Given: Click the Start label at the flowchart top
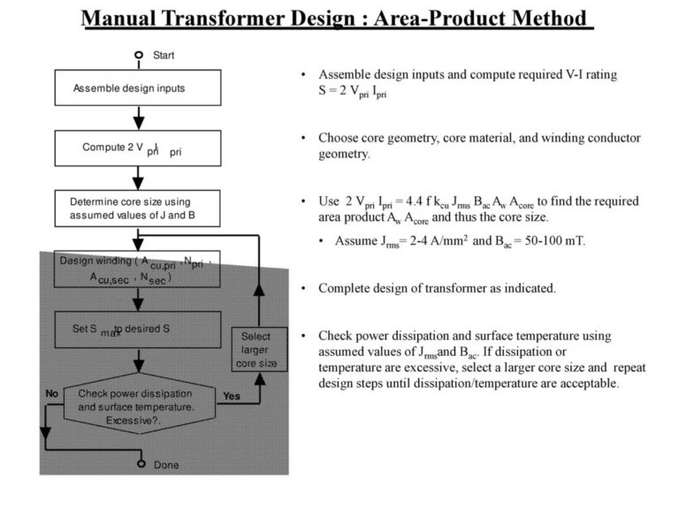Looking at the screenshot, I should [x=164, y=55].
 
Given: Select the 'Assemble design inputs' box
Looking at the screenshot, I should [x=138, y=88].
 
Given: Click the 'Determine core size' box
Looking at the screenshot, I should [x=138, y=209].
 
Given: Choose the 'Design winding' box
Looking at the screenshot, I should [x=138, y=269].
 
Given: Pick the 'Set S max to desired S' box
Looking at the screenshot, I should [x=138, y=329].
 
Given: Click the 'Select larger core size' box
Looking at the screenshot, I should [x=257, y=349].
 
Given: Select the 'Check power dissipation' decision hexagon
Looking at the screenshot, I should [x=137, y=406].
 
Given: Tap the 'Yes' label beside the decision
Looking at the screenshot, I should [x=232, y=396].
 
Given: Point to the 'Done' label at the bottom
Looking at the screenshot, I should [x=166, y=465].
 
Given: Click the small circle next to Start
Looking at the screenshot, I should [x=139, y=55].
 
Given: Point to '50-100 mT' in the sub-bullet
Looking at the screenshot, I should [x=538, y=240].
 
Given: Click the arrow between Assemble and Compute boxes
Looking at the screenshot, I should [x=138, y=117].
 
